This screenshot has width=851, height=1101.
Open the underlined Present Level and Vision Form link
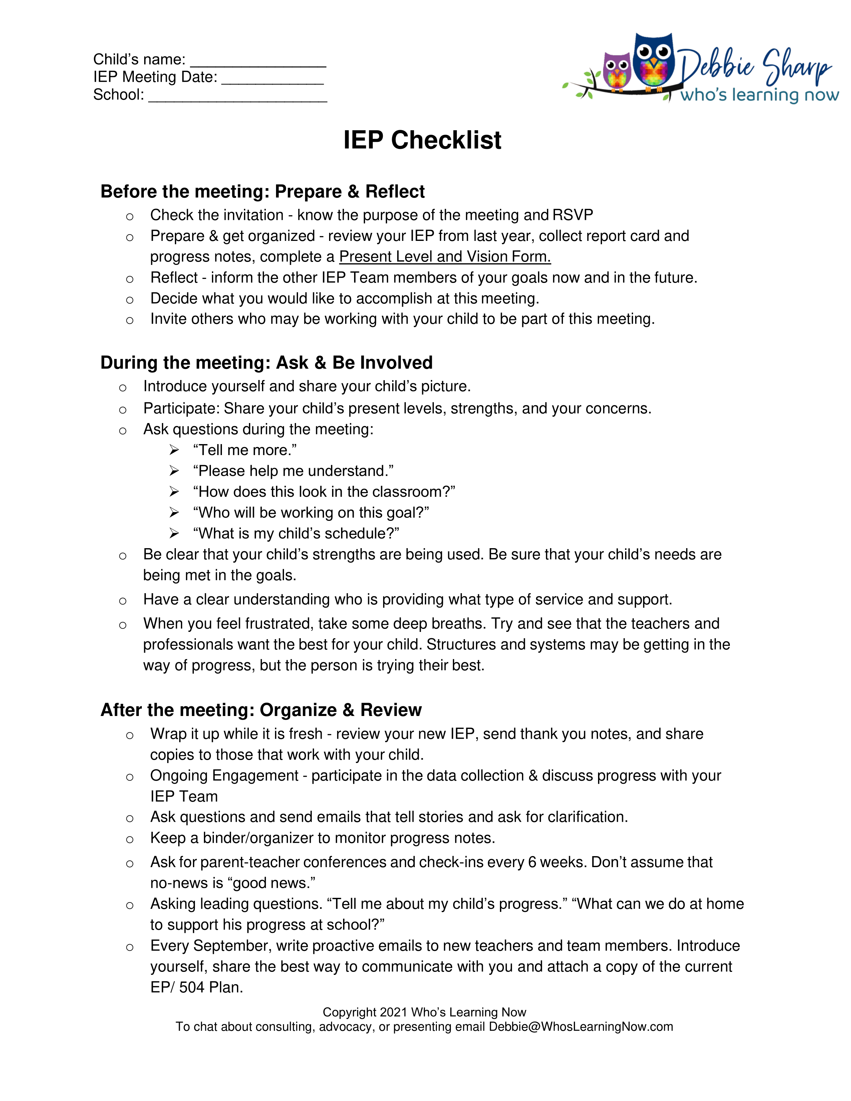[x=445, y=257]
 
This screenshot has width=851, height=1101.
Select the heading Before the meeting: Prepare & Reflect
[x=262, y=192]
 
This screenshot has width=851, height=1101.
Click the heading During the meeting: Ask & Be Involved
[x=266, y=362]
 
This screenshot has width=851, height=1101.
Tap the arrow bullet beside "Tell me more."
[x=174, y=450]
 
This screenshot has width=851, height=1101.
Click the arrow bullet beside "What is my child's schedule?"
[x=174, y=533]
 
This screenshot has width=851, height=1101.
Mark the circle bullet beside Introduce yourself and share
[x=122, y=388]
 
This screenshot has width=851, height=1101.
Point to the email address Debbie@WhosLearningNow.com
[x=581, y=1027]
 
